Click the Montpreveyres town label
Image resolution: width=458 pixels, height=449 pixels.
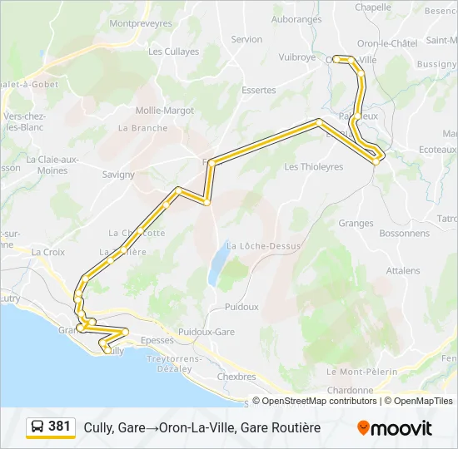(x=140, y=24)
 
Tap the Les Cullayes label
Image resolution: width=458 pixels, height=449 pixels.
(x=173, y=52)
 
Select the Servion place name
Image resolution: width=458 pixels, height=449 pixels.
(x=246, y=39)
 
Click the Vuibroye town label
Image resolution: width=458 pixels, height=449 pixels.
(x=297, y=57)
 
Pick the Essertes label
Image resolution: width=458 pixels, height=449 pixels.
(x=258, y=90)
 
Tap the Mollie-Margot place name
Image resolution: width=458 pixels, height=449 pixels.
(x=165, y=111)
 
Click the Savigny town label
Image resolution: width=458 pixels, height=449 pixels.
(x=118, y=175)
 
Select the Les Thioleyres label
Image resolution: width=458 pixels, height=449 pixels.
(x=314, y=167)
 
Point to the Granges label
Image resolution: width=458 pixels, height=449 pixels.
(x=356, y=223)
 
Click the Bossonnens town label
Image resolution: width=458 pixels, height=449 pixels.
(x=380, y=234)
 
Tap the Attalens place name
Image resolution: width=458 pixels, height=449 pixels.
(x=403, y=271)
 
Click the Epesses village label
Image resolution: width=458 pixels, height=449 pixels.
(x=157, y=340)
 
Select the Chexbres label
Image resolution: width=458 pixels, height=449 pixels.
(x=236, y=377)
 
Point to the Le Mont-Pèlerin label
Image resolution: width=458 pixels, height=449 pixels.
(x=362, y=372)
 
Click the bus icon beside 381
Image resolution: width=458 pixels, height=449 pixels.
(x=37, y=427)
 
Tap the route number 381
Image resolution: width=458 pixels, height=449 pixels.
(x=60, y=427)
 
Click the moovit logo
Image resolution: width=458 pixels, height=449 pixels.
(x=395, y=428)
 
